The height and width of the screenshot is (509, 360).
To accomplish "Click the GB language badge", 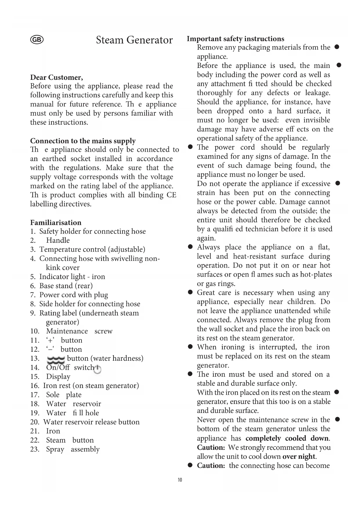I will [37, 40].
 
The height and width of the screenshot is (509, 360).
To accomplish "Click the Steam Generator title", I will [134, 40].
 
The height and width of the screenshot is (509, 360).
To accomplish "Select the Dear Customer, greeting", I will [57, 77].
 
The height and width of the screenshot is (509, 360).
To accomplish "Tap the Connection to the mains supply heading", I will [83, 141].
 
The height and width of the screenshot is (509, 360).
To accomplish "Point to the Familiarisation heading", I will [56, 223].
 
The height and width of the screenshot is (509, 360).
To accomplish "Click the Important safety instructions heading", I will [236, 39].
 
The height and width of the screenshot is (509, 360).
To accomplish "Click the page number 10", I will [180, 480].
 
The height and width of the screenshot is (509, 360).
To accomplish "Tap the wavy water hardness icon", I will [56, 360].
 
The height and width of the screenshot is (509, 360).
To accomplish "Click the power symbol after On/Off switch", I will [98, 369].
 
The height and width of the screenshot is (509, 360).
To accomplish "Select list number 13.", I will [35, 358].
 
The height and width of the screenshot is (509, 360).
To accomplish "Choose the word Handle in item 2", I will [58, 240].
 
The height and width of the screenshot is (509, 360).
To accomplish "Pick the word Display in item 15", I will [58, 377].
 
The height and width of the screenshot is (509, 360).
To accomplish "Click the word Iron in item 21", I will [53, 431].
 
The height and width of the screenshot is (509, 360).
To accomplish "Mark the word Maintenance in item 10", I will [67, 331].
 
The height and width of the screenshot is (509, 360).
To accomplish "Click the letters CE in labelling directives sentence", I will [171, 195].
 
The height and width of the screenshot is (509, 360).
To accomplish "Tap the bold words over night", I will [299, 456].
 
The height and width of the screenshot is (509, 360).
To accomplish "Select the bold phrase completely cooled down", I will [287, 438].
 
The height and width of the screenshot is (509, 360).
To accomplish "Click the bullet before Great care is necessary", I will [190, 293].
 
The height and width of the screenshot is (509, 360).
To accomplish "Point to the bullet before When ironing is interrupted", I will [190, 347].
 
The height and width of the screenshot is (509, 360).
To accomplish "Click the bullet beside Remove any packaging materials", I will [337, 47].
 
